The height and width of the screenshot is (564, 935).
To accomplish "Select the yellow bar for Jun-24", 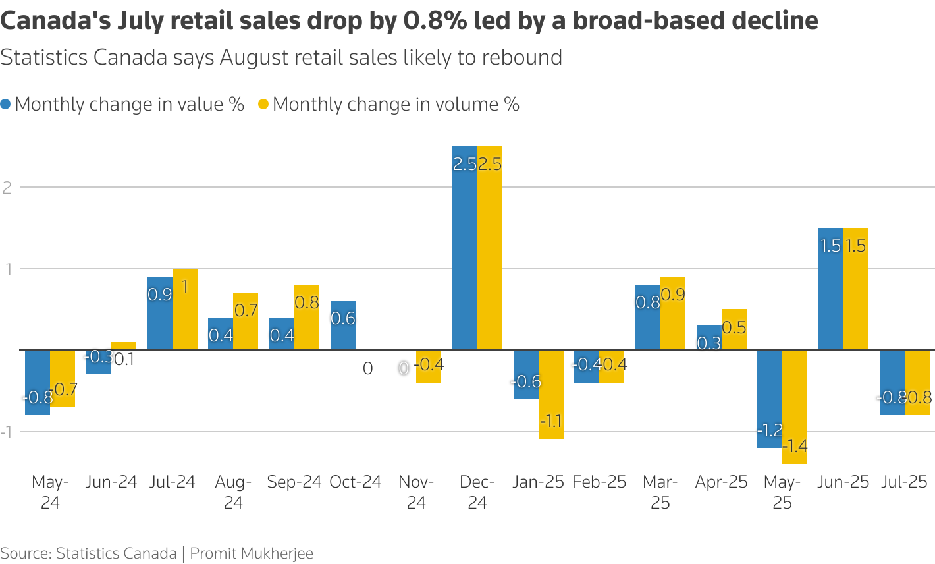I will [124, 345].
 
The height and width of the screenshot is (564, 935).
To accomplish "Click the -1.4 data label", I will [795, 447].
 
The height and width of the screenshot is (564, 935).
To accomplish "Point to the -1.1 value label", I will [551, 421].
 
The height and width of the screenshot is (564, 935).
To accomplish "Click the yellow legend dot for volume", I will [264, 104].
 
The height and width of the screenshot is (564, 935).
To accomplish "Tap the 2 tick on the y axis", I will [7, 188].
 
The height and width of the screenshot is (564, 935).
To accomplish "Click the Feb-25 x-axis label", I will [599, 482].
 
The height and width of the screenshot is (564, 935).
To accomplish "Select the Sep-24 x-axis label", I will [294, 482].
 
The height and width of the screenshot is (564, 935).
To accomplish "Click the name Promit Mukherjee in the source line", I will [252, 553].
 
